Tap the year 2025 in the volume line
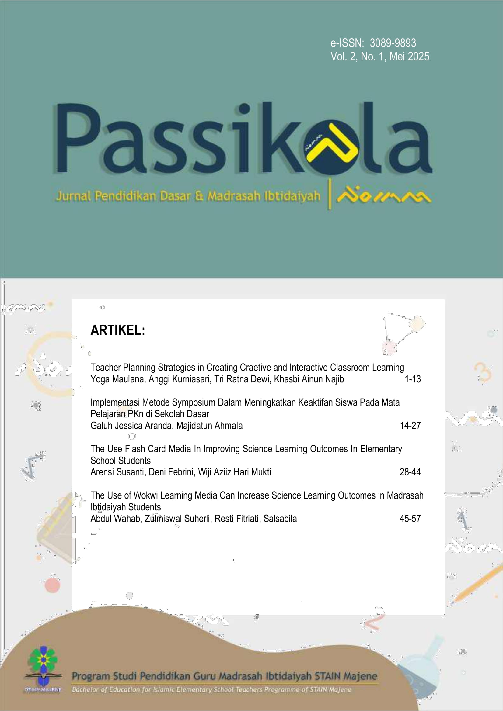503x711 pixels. point(418,57)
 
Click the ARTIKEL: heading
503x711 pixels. point(118,330)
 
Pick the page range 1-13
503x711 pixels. point(413,379)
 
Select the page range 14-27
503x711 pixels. point(410,426)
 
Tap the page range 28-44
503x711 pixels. point(410,472)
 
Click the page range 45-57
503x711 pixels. point(410,518)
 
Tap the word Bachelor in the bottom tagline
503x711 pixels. point(83,690)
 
